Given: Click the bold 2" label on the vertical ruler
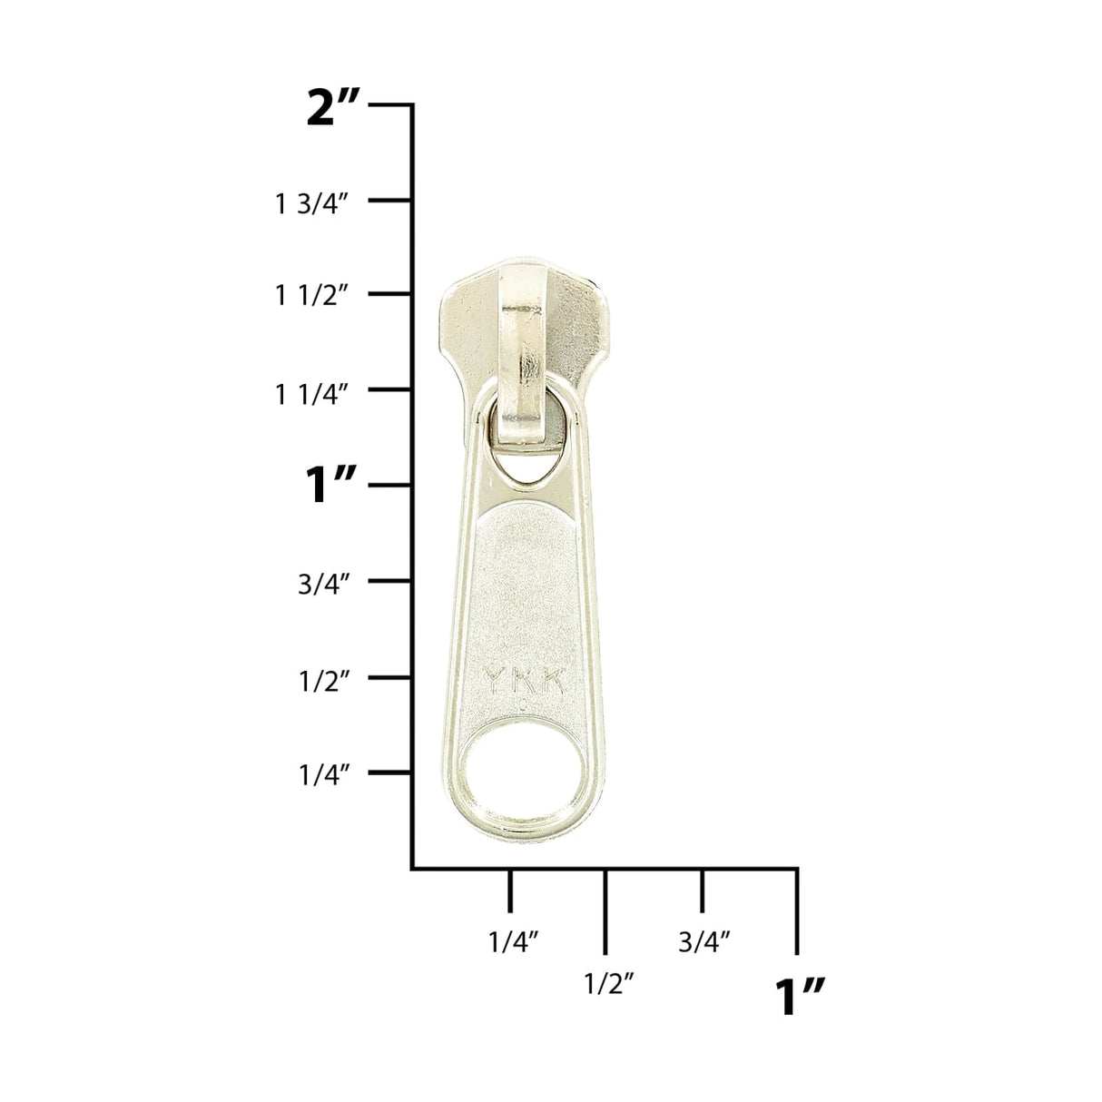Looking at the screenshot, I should [x=334, y=109].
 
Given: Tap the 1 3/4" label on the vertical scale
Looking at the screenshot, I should [x=312, y=204].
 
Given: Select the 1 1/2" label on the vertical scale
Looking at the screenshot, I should [x=312, y=296].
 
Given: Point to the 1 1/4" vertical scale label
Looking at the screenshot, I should [x=312, y=394].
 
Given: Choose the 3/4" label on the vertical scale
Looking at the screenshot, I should [x=324, y=584].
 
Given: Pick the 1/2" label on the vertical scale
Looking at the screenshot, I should [x=324, y=680].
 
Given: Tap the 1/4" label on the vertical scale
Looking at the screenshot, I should [x=324, y=776].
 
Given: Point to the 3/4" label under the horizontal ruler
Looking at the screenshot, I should [x=704, y=942].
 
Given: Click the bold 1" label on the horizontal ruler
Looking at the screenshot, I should [x=799, y=996].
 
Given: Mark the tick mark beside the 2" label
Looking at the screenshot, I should [x=391, y=105].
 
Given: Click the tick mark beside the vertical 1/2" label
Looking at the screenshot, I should [x=391, y=677].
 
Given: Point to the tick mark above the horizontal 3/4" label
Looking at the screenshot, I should [x=702, y=890].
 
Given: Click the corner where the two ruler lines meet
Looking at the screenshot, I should [x=414, y=869].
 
